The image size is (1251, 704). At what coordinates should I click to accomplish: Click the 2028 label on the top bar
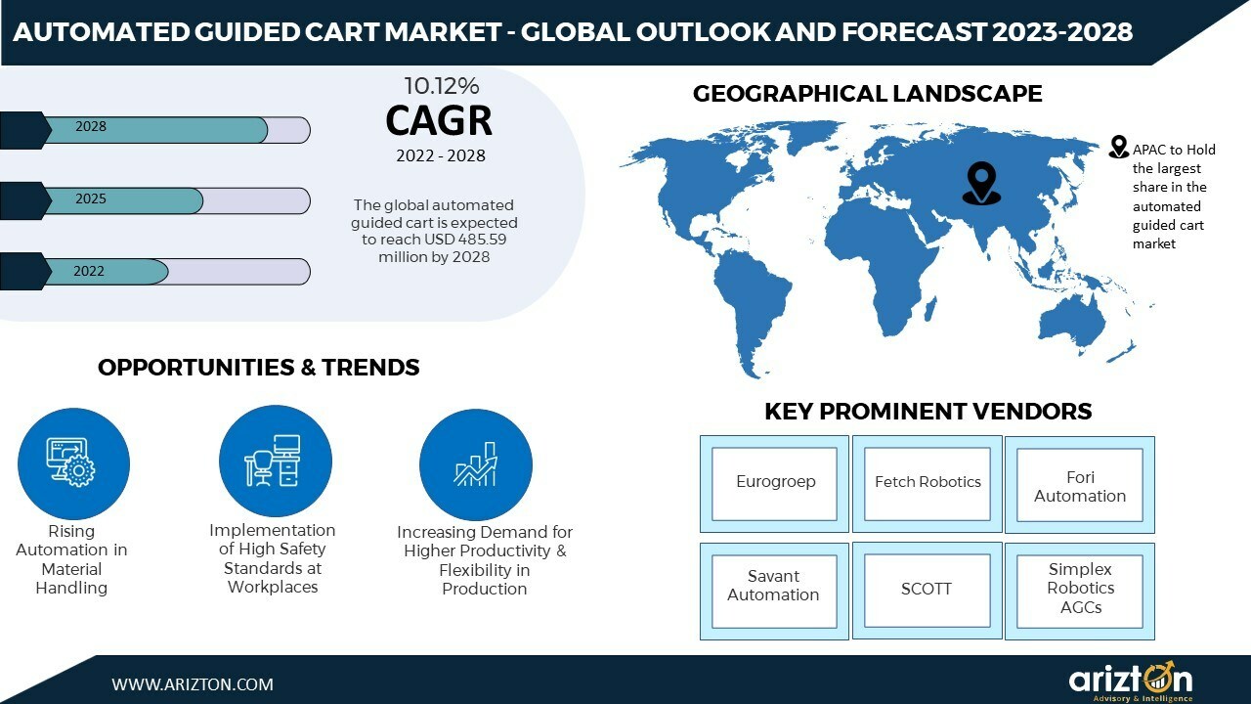click(x=91, y=126)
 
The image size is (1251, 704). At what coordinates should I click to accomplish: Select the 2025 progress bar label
click(x=91, y=198)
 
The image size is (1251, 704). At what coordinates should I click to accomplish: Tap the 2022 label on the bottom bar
click(x=89, y=271)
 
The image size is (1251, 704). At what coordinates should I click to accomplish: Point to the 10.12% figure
click(x=441, y=86)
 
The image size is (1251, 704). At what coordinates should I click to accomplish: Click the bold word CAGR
click(x=439, y=120)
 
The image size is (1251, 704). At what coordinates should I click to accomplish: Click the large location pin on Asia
click(x=981, y=183)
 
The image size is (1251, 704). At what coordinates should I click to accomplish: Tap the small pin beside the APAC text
click(x=1119, y=147)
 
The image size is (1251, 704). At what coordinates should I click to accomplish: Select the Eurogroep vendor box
click(x=774, y=484)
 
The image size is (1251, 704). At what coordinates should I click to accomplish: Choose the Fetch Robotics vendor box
click(x=927, y=484)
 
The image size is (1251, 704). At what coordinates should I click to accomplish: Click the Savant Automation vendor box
click(x=774, y=592)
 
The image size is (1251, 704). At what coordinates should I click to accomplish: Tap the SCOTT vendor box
click(x=927, y=591)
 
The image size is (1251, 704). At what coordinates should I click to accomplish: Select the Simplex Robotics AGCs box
click(x=1080, y=592)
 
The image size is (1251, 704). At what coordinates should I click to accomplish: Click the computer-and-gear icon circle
click(x=73, y=463)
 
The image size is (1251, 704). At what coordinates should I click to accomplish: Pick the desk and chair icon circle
click(x=276, y=462)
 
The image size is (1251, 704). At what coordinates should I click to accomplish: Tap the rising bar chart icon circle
click(x=476, y=464)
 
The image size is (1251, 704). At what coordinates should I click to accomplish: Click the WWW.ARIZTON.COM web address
click(x=193, y=684)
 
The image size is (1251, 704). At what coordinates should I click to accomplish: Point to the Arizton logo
click(x=1131, y=682)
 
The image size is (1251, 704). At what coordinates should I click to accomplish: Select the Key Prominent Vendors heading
click(x=928, y=412)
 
